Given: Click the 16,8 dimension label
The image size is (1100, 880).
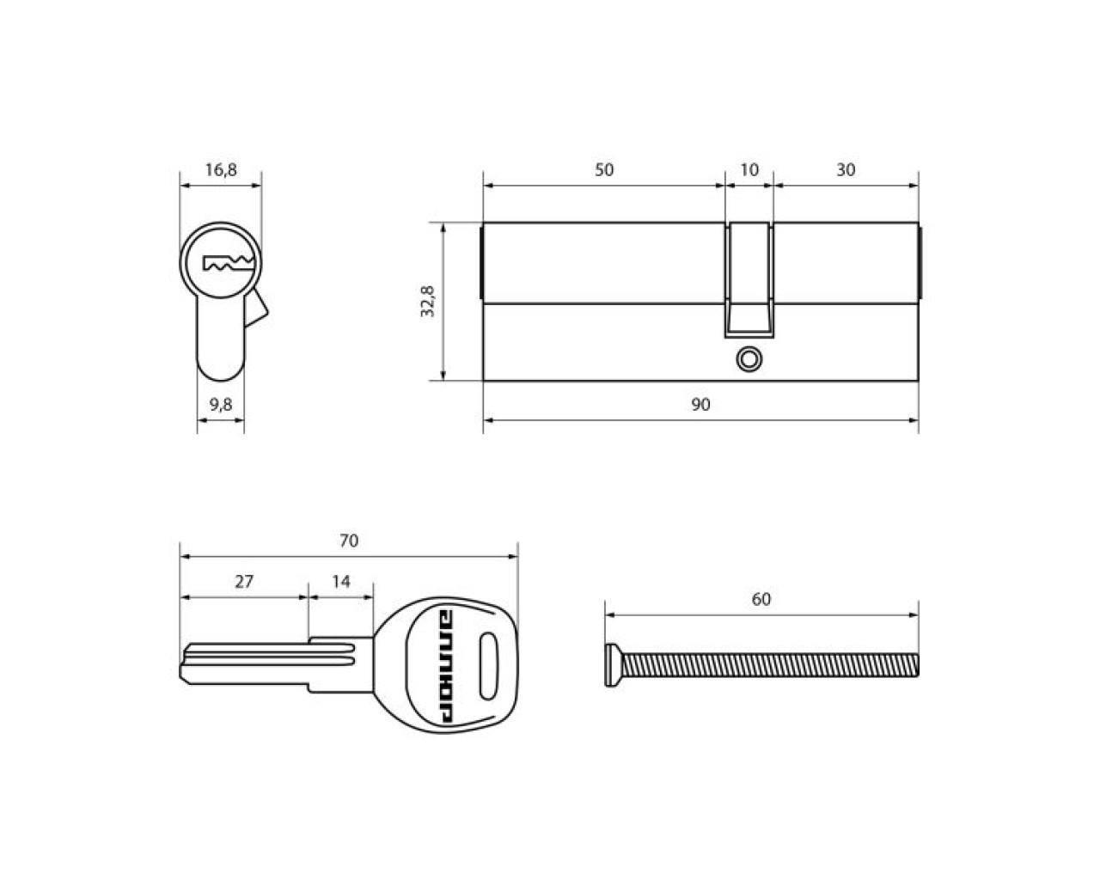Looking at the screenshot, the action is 221,169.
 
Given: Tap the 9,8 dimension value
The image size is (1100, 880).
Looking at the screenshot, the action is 221,405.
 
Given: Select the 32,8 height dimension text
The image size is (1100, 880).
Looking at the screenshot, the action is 427,302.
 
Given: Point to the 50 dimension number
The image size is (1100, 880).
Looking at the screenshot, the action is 603,169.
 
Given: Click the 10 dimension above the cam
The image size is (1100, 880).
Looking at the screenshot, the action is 749,169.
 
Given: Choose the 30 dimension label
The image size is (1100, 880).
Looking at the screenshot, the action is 846,169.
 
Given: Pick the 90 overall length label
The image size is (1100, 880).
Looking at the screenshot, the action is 700,405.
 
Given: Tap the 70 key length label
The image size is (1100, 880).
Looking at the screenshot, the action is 349,541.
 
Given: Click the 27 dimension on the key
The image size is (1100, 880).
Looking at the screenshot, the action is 244,582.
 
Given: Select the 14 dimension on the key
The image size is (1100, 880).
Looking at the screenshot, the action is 341,582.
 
